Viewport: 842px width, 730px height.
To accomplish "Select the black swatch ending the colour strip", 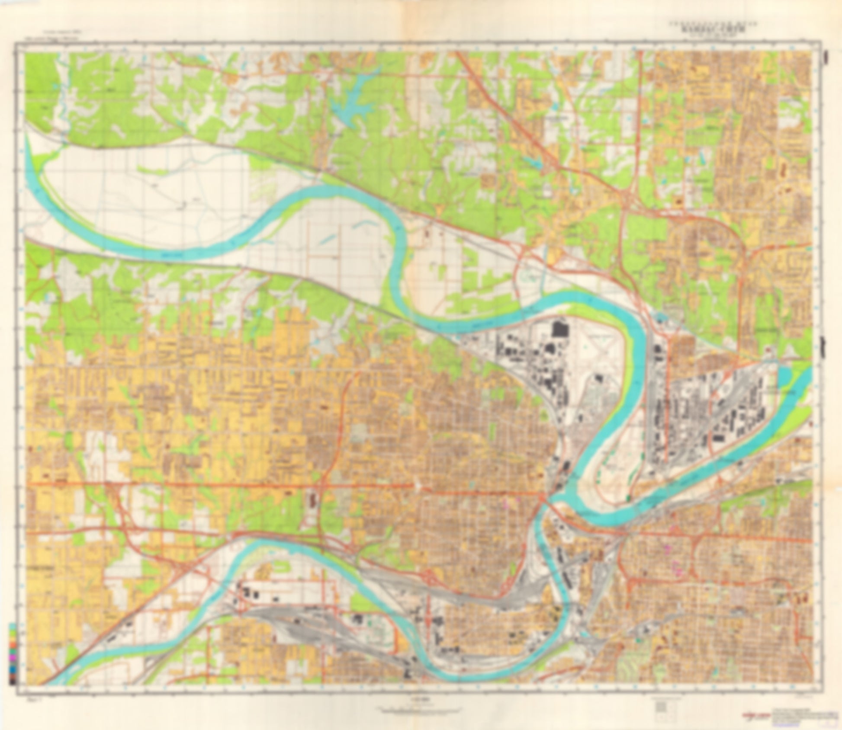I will pyautogui.click(x=13, y=682).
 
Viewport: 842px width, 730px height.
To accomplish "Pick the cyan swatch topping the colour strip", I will pyautogui.click(x=13, y=626).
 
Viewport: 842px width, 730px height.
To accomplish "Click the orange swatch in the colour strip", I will pyautogui.click(x=13, y=645).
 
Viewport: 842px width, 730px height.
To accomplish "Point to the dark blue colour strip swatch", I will pyautogui.click(x=13, y=669).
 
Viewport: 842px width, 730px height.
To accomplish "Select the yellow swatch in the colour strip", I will pyautogui.click(x=13, y=640).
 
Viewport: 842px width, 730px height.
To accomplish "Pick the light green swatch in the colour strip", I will pyautogui.click(x=13, y=633).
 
